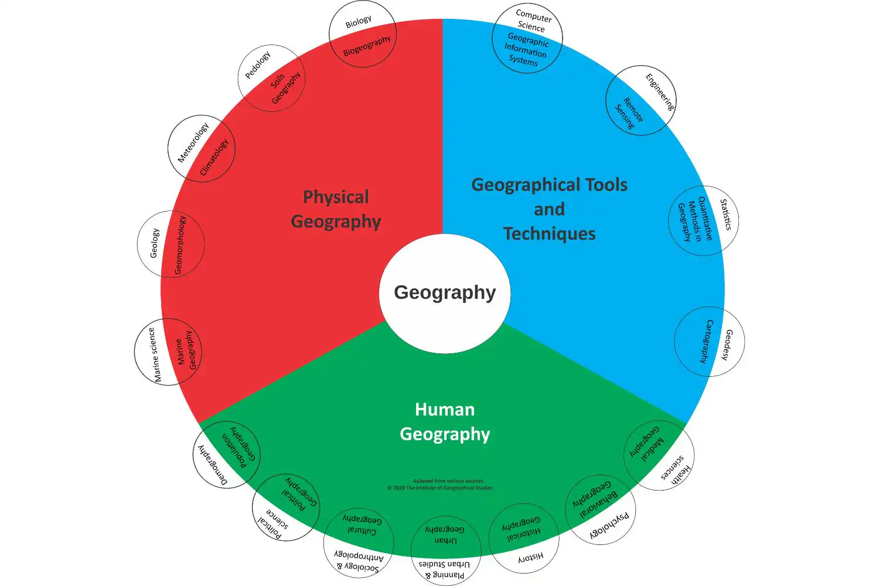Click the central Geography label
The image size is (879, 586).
pyautogui.click(x=445, y=292)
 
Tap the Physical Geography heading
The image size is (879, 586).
pyautogui.click(x=336, y=209)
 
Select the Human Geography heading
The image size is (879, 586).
pyautogui.click(x=445, y=422)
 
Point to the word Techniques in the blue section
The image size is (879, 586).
pyautogui.click(x=549, y=234)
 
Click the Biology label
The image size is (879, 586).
pyautogui.click(x=358, y=22)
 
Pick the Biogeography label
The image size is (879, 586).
pyautogui.click(x=367, y=46)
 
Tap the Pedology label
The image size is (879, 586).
pyautogui.click(x=258, y=65)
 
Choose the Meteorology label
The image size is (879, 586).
pyautogui.click(x=193, y=142)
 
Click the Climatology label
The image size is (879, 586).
pyautogui.click(x=214, y=157)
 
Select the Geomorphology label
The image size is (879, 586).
pyautogui.click(x=180, y=245)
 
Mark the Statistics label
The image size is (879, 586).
pyautogui.click(x=725, y=214)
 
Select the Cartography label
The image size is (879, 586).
pyautogui.click(x=707, y=342)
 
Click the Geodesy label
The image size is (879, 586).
pyautogui.click(x=727, y=345)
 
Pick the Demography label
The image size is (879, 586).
pyautogui.click(x=213, y=465)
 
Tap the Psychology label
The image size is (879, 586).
pyautogui.click(x=609, y=525)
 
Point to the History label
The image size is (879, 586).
pyautogui.click(x=531, y=557)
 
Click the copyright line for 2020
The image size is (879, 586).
pyautogui.click(x=439, y=488)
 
